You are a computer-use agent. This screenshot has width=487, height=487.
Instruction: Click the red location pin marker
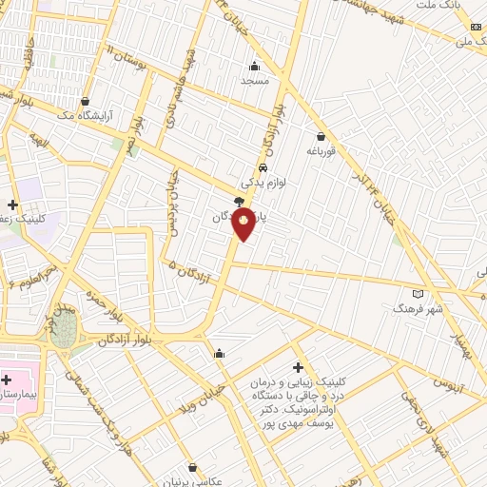(244, 223)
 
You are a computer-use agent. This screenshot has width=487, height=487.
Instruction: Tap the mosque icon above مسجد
(254, 67)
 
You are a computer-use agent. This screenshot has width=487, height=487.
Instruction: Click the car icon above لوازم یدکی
(249, 167)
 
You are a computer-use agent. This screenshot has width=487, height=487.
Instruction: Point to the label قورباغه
(321, 150)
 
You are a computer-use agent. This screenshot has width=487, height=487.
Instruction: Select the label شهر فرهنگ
(419, 308)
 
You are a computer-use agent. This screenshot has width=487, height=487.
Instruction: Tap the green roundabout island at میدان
(65, 331)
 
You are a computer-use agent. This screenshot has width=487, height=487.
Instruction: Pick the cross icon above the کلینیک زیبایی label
(298, 367)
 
